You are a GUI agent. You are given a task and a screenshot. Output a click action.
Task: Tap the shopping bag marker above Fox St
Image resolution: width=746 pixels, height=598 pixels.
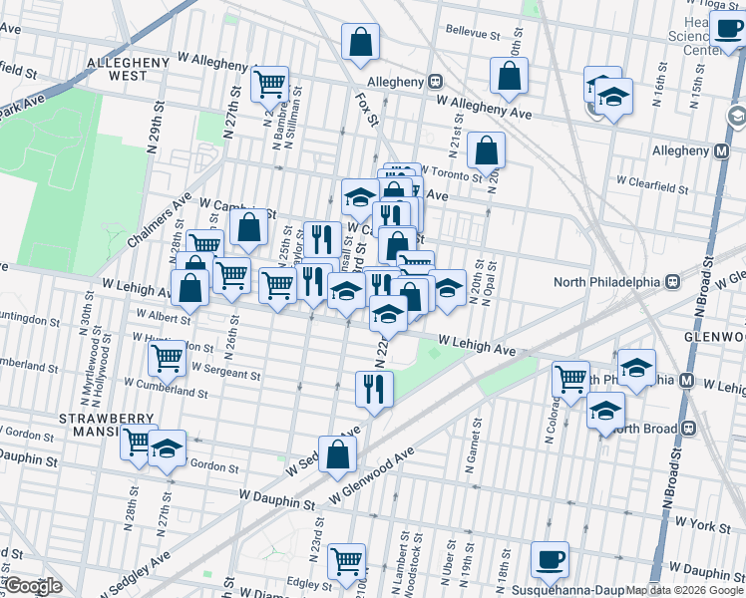pos(360,43)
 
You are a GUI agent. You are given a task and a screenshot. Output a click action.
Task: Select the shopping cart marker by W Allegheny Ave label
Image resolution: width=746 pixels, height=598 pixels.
pos(269,86)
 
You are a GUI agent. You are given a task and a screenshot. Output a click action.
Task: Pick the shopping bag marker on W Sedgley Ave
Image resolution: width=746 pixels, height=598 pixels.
pos(338,454)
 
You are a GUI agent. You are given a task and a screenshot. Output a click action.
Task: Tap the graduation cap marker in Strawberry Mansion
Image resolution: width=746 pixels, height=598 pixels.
pos(168,449)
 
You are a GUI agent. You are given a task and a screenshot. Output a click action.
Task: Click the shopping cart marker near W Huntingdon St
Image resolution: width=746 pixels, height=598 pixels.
pos(167,357)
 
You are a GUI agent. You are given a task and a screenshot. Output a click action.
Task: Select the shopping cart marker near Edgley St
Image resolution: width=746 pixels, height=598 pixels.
pos(346,561)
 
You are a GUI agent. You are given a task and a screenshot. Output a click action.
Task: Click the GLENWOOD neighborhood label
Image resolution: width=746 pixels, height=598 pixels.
pos(715,337)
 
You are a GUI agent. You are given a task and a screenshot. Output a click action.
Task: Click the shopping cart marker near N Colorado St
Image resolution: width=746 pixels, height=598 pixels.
pos(571,379)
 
